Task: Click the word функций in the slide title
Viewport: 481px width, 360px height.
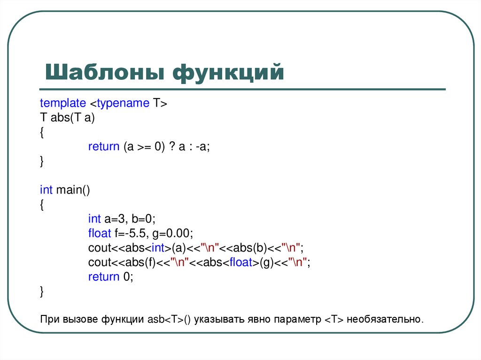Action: (x=228, y=74)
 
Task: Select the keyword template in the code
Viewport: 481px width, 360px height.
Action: (x=63, y=103)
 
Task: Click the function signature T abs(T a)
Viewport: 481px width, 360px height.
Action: (x=68, y=118)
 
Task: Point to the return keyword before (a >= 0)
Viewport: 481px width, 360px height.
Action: (x=104, y=146)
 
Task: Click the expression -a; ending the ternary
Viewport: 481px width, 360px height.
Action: (x=203, y=146)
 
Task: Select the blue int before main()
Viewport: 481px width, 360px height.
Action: (x=46, y=190)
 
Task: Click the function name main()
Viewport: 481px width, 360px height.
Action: (x=72, y=190)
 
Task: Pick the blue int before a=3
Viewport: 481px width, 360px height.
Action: (x=94, y=219)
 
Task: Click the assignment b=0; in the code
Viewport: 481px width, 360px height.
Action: (x=143, y=219)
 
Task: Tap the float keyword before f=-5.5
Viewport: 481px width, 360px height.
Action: (x=99, y=233)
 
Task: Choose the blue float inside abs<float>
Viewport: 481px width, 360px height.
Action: (x=241, y=262)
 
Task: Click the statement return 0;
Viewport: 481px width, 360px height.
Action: (x=111, y=276)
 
